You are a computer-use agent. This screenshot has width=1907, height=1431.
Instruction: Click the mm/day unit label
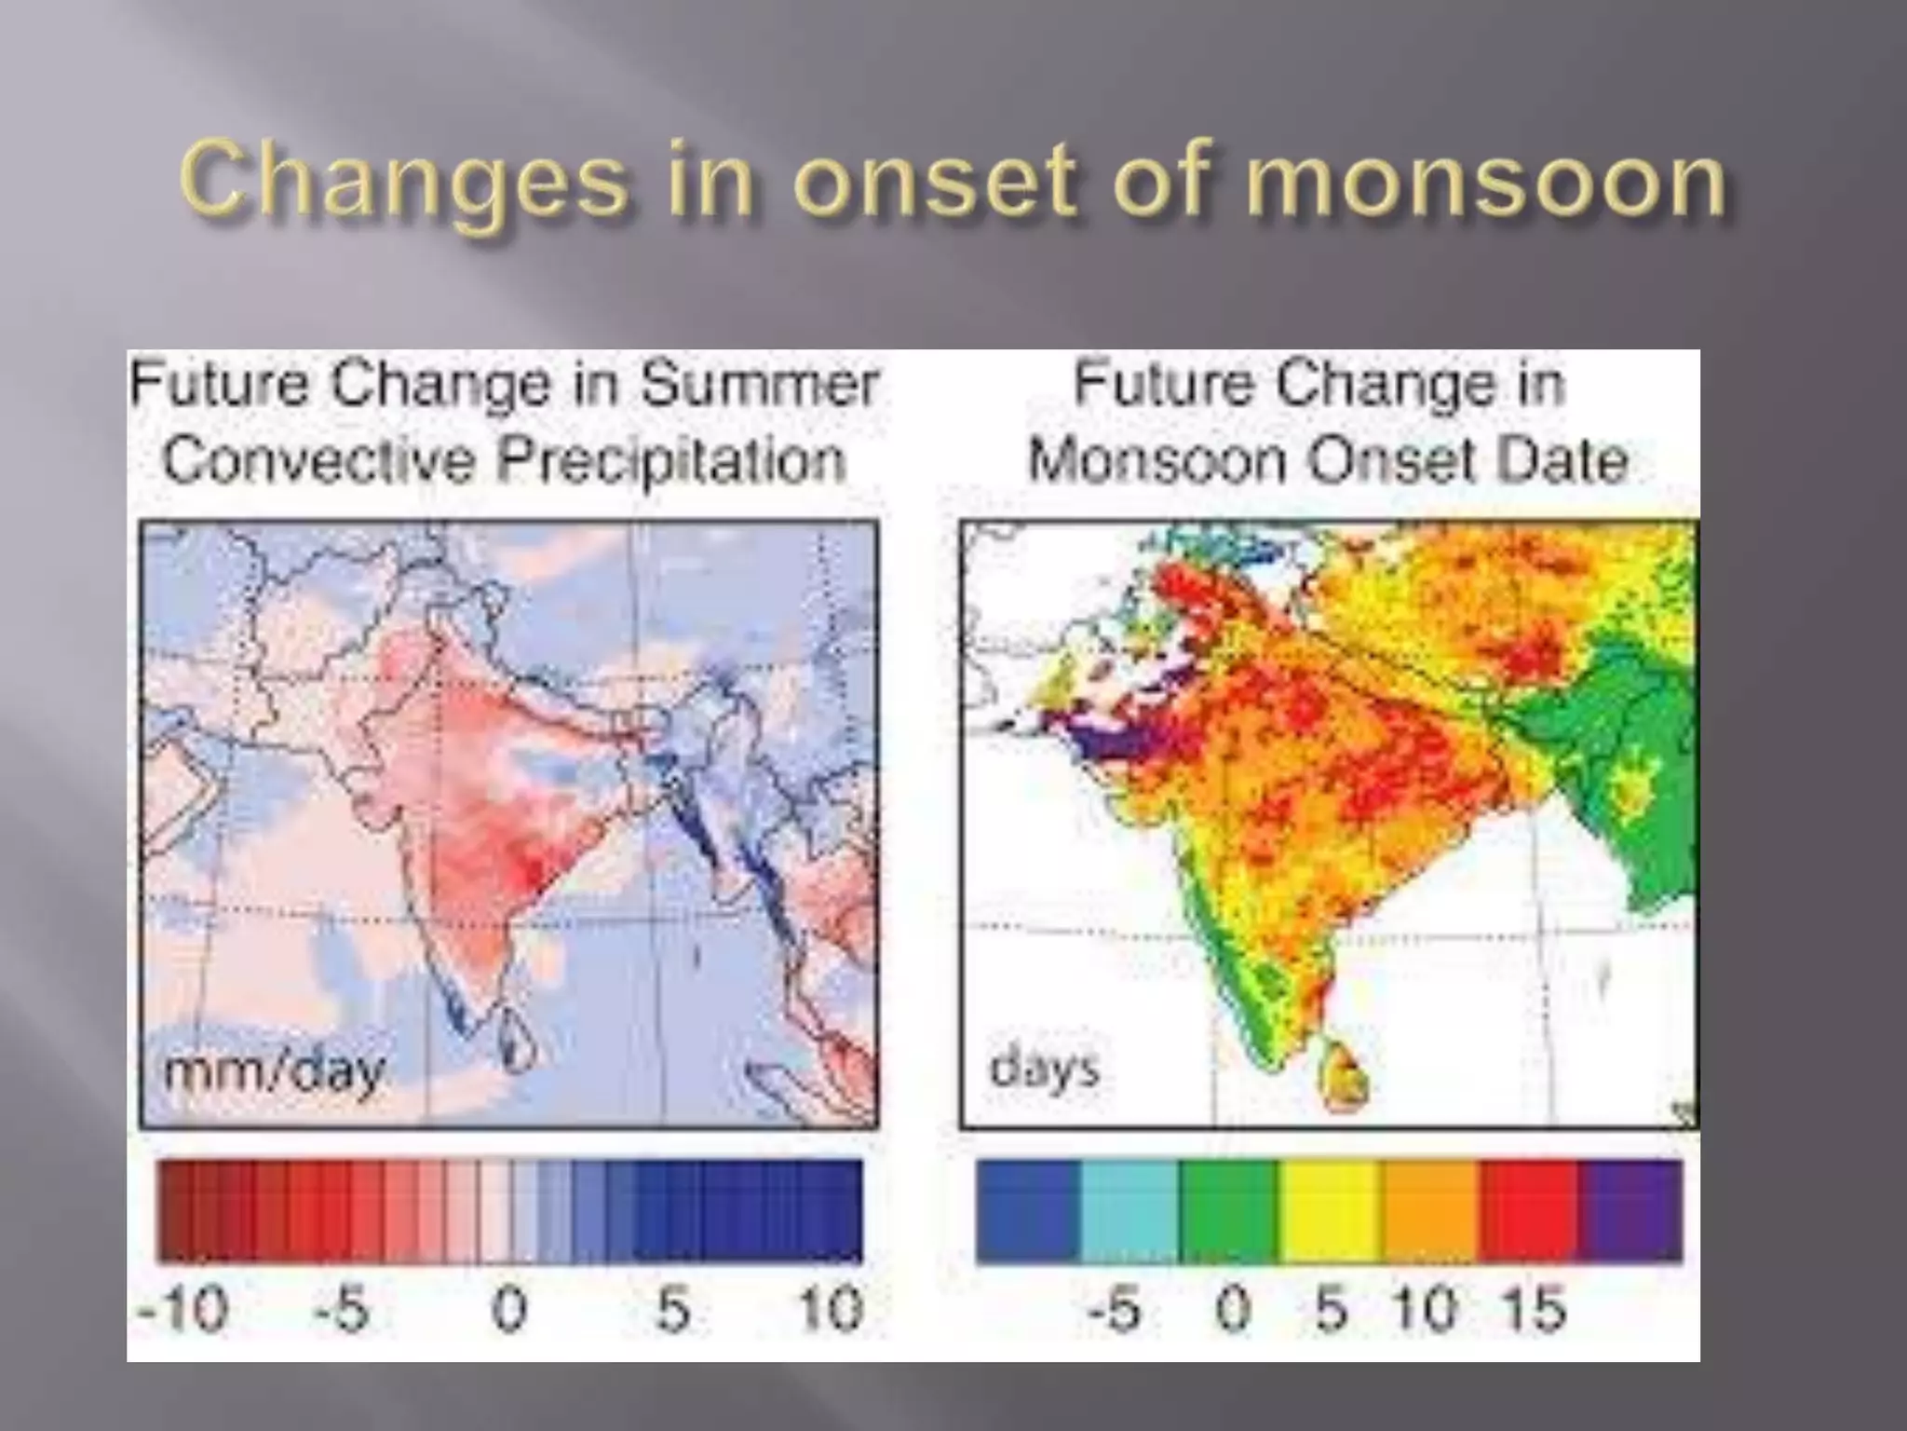(x=273, y=1071)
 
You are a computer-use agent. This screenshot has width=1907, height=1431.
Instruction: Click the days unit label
(x=1044, y=1068)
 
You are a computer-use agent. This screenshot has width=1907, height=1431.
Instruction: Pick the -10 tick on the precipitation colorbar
(x=183, y=1308)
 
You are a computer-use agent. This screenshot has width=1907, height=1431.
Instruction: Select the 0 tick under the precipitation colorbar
(x=509, y=1308)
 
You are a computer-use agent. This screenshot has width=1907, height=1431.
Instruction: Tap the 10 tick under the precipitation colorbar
(x=832, y=1308)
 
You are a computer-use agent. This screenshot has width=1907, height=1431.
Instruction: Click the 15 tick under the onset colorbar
(x=1532, y=1308)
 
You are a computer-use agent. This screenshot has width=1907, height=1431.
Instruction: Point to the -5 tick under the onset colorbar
(x=1116, y=1308)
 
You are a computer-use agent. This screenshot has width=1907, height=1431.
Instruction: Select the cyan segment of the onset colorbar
(x=1129, y=1211)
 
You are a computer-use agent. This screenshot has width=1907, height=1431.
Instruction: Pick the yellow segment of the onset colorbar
(x=1330, y=1211)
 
